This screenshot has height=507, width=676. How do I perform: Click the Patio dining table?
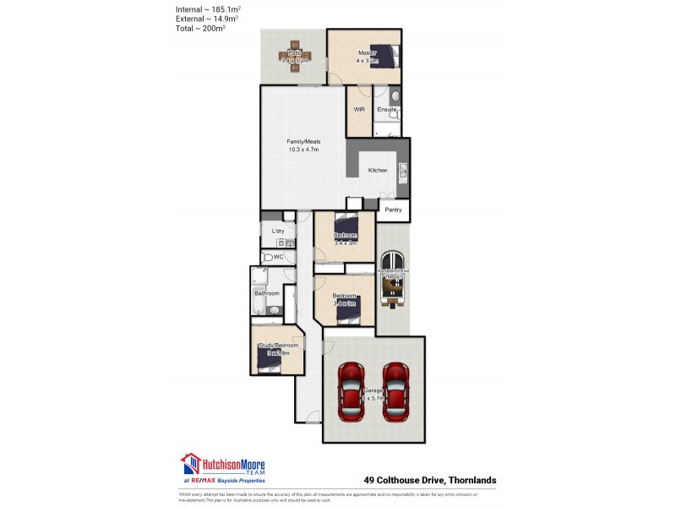coord(294,55)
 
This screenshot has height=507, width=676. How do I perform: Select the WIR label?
coord(358,110)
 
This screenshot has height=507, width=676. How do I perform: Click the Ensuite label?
coord(387,110)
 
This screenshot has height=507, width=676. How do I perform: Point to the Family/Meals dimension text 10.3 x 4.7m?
coord(303,150)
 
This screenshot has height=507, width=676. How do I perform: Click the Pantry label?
coord(393,210)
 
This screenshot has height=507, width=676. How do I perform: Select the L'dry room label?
coord(277,231)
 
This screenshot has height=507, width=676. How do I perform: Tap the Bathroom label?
coord(267,293)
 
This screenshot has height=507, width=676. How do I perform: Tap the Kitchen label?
coord(378,171)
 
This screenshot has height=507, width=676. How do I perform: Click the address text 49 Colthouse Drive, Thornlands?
coord(429,480)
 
